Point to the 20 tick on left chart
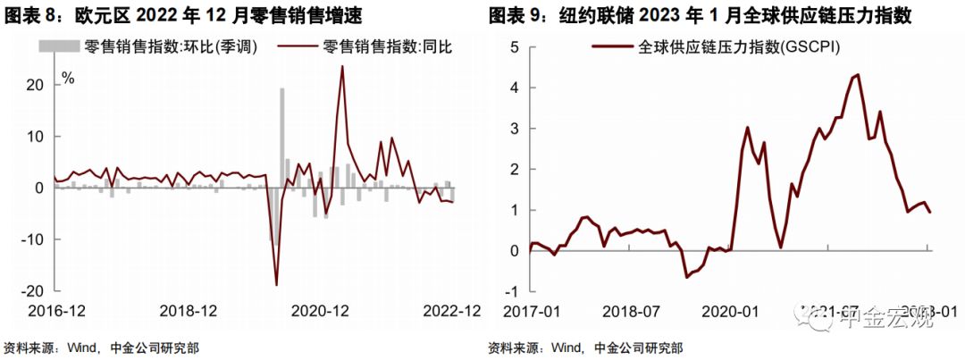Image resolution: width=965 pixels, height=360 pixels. tap(35, 85)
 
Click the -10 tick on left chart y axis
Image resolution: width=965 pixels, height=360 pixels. tap(32, 239)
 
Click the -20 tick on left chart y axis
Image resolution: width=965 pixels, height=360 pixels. tap(32, 291)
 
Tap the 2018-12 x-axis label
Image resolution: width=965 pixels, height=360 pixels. tap(189, 311)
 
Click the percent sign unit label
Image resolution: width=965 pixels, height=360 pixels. tap(67, 79)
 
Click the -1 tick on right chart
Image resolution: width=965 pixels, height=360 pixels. tap(512, 291)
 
